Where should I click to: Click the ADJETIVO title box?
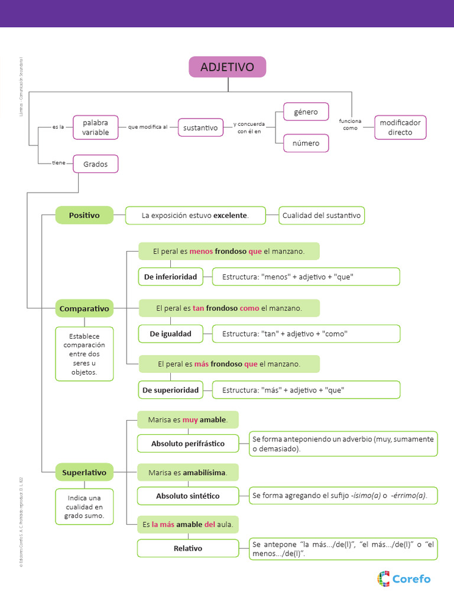pyautogui.click(x=228, y=67)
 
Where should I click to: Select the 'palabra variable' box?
pyautogui.click(x=95, y=128)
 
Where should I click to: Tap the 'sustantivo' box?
pyautogui.click(x=200, y=128)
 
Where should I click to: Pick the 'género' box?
pyautogui.click(x=306, y=112)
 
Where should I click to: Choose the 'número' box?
pyautogui.click(x=306, y=143)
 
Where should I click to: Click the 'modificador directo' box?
pyautogui.click(x=400, y=128)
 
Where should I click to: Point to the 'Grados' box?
pyautogui.click(x=95, y=164)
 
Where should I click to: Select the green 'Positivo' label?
pyautogui.click(x=84, y=215)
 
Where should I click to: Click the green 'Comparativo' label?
pyautogui.click(x=84, y=308)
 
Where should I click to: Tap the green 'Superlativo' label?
pyautogui.click(x=84, y=473)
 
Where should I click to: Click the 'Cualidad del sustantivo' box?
pyautogui.click(x=322, y=216)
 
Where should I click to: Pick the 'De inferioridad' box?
pyautogui.click(x=170, y=277)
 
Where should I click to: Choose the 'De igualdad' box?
pyautogui.click(x=170, y=334)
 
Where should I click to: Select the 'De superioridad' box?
pyautogui.click(x=170, y=390)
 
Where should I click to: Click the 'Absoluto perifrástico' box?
pyautogui.click(x=188, y=443)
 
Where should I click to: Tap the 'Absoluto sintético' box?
pyautogui.click(x=188, y=496)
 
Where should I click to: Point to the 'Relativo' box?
pyautogui.click(x=188, y=548)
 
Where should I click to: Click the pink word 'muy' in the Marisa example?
pyautogui.click(x=190, y=419)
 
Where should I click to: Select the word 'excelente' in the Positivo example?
pyautogui.click(x=230, y=216)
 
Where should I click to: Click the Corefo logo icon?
pyautogui.click(x=384, y=578)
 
